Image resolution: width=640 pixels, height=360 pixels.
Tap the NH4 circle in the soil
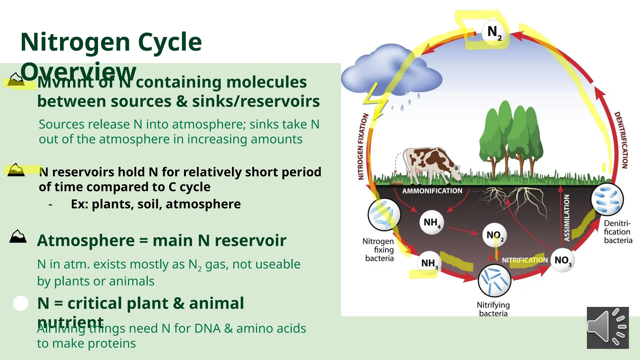[x=431, y=222]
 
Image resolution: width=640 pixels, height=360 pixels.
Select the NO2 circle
[x=495, y=235]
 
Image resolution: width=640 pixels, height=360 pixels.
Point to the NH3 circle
[x=429, y=263]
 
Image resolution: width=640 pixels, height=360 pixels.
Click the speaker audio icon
[x=607, y=328]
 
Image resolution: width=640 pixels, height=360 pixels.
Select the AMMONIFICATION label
[x=432, y=191]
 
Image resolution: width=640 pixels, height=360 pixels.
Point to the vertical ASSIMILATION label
[x=567, y=218]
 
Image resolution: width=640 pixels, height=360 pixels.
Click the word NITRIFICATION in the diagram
[x=525, y=260]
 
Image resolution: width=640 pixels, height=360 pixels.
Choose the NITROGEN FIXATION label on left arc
[x=362, y=146]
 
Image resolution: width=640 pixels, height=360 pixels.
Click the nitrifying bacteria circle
[x=494, y=281]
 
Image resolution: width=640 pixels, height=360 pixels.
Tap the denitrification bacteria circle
[x=607, y=199]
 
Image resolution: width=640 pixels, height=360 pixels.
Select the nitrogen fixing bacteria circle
[x=384, y=215]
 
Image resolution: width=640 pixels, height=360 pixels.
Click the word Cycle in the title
[x=170, y=42]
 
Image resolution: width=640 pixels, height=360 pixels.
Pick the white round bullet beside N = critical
[x=21, y=303]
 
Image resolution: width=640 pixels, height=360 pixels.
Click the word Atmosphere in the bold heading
[x=86, y=241]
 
